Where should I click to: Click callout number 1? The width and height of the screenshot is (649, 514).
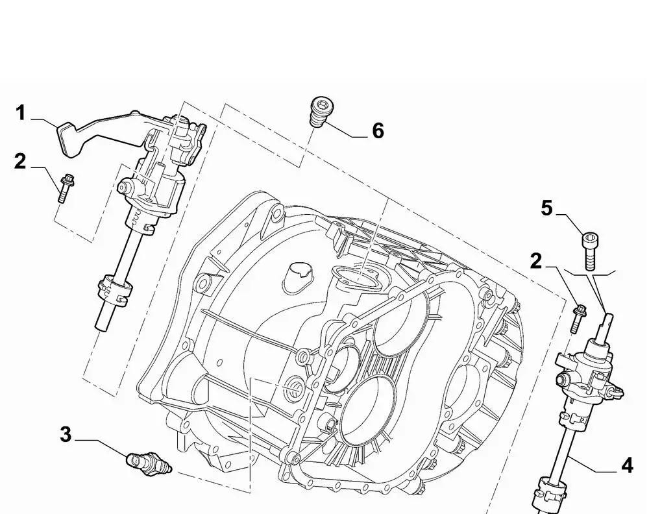[20, 114]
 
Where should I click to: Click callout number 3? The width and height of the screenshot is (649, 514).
[65, 434]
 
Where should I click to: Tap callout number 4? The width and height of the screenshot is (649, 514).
[626, 465]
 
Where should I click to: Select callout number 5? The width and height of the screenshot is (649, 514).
[546, 208]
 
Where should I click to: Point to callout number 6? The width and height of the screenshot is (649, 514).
[378, 131]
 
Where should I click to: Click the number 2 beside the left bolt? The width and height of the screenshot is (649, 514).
[20, 161]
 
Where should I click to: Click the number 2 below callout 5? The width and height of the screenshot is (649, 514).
[535, 261]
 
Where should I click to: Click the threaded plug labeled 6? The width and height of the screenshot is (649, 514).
[320, 114]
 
